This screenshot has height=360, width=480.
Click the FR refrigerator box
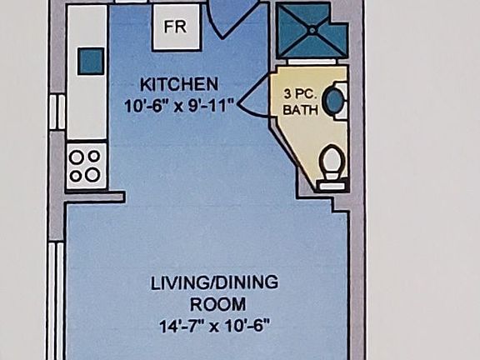click(x=176, y=27)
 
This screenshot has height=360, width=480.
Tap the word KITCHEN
click(x=178, y=84)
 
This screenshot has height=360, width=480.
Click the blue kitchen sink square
click(x=90, y=60)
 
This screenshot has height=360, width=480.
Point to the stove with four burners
click(x=85, y=165)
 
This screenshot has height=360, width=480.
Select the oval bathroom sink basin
click(x=334, y=101)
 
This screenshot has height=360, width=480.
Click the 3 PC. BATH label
click(x=300, y=101)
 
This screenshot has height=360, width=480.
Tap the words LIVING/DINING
click(x=213, y=282)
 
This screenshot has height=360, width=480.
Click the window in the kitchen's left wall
click(x=57, y=112)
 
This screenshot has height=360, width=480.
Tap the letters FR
click(x=175, y=27)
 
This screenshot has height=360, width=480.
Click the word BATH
click(x=300, y=109)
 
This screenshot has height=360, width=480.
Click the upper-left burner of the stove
click(x=77, y=156)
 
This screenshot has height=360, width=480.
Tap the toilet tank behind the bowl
click(x=332, y=184)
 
